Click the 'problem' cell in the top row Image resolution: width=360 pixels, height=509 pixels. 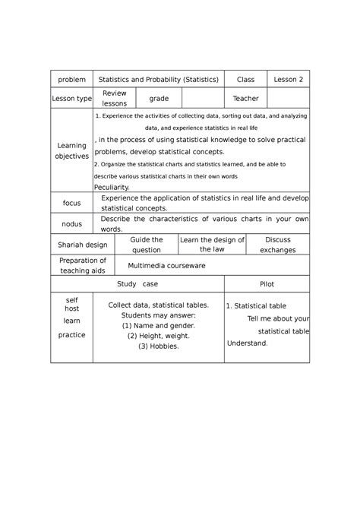pos(70,80)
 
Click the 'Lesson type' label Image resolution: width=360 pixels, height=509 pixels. pos(70,99)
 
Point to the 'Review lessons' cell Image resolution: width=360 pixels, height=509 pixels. pos(115,98)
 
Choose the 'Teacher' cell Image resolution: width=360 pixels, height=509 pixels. pos(246,99)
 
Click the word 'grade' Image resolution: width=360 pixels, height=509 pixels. pos(159,99)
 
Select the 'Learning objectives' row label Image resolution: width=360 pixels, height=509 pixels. pos(71,150)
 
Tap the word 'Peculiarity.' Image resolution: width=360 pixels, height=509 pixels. pos(112,187)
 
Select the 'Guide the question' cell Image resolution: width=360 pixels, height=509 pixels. pos(147,245)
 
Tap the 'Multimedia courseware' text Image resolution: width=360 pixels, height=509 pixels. pos(167,266)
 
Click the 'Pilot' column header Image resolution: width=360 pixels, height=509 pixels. pos(267,283)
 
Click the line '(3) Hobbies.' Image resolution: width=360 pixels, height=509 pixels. pos(158,346)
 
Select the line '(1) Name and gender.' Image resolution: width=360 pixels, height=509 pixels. pos(158,325)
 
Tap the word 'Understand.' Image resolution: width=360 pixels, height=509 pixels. pos(248,343)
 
